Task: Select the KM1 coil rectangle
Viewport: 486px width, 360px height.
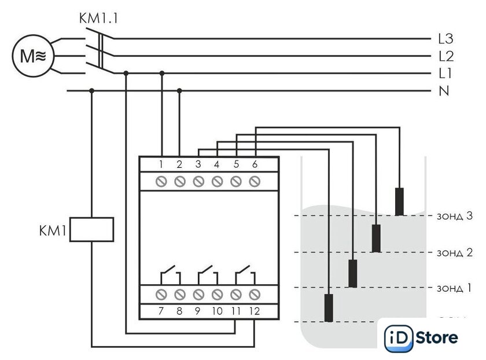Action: click(x=91, y=229)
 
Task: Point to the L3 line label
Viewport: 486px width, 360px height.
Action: click(x=446, y=39)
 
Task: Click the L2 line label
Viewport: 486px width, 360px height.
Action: click(x=446, y=57)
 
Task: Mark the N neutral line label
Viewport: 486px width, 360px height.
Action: click(x=444, y=91)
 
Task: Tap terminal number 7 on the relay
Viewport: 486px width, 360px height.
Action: click(x=161, y=311)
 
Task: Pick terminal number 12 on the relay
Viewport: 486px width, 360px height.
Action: click(x=254, y=311)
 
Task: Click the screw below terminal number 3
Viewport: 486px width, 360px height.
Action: click(x=198, y=181)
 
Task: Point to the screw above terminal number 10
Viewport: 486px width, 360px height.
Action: click(x=216, y=294)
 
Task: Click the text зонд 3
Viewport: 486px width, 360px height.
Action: click(x=454, y=216)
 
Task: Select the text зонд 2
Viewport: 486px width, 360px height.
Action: click(x=454, y=252)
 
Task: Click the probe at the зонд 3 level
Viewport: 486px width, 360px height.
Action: click(x=399, y=201)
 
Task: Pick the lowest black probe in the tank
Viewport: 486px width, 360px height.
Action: click(x=329, y=307)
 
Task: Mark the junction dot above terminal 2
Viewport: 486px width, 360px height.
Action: click(x=179, y=91)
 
